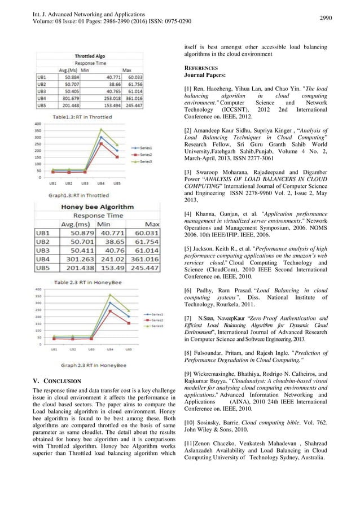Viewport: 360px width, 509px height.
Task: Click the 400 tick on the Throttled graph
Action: point(37,124)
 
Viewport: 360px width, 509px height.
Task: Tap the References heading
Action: point(203,66)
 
